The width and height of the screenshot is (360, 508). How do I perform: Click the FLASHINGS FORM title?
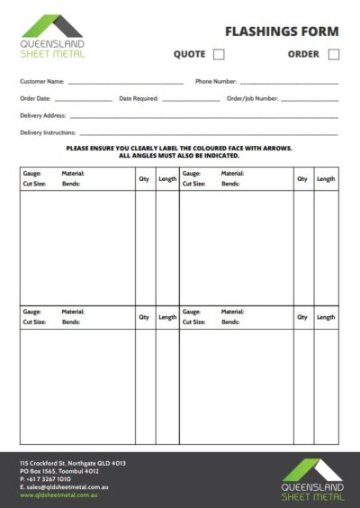[282, 32]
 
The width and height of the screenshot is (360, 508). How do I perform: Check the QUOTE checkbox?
[219, 54]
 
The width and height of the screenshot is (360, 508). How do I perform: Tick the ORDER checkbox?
[334, 54]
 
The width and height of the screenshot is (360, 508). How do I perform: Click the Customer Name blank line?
[125, 83]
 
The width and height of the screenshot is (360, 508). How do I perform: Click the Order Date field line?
[83, 100]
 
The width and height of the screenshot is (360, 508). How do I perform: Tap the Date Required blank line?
[191, 100]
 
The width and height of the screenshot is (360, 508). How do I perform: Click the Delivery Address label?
[41, 115]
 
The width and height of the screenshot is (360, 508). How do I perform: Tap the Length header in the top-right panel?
[326, 178]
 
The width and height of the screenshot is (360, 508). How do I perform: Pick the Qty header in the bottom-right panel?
[302, 317]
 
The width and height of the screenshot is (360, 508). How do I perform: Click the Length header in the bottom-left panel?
[167, 317]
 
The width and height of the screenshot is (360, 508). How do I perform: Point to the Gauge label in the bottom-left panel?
[31, 312]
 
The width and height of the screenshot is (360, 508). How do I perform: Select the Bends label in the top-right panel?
[230, 184]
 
